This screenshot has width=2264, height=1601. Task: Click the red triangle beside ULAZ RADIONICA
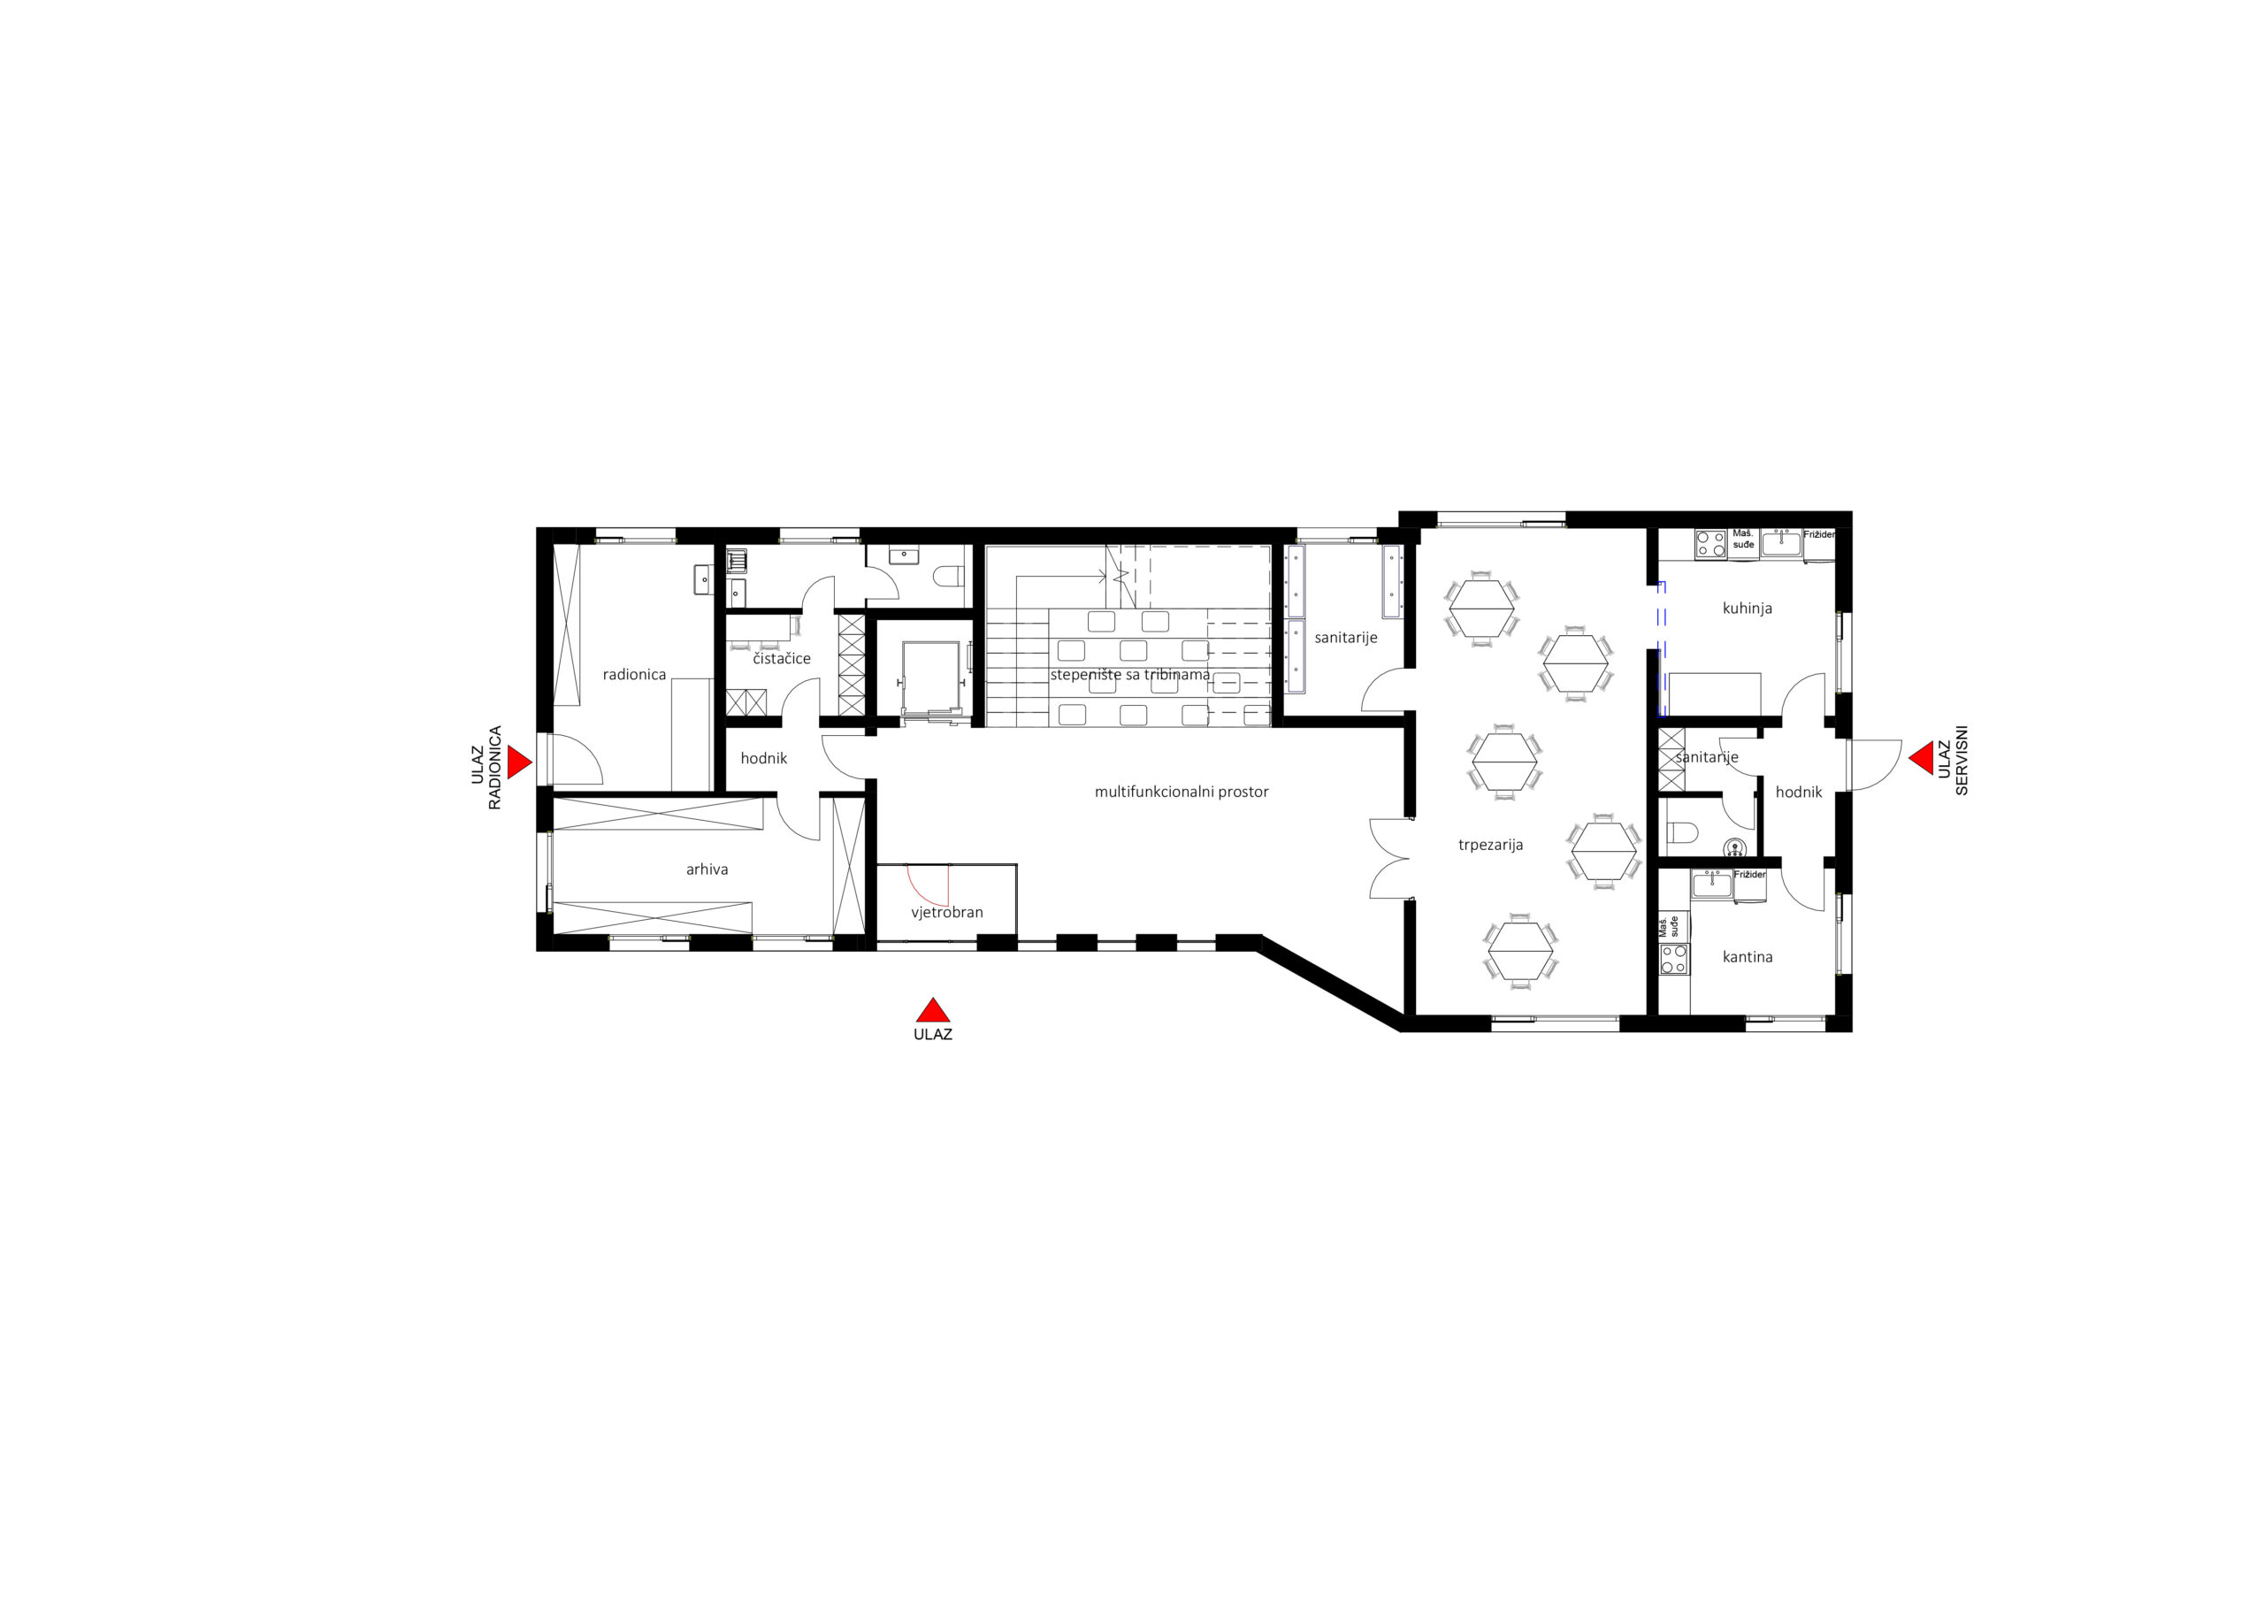click(517, 762)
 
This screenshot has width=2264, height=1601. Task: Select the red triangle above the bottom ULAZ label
click(933, 1010)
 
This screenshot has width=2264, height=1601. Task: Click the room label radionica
click(634, 675)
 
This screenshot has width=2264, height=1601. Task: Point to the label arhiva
click(707, 869)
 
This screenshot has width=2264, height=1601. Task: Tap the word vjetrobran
click(946, 913)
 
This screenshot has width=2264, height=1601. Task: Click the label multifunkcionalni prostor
click(1182, 791)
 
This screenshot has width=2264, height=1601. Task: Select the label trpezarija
click(1491, 845)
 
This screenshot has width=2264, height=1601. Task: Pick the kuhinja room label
click(1748, 609)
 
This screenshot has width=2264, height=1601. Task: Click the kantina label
click(1748, 957)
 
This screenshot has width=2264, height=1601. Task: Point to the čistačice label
click(782, 658)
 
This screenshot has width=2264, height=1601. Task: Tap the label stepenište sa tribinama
click(1130, 675)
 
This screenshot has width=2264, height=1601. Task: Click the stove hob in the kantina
click(1674, 959)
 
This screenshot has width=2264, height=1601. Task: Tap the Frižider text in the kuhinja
click(1819, 534)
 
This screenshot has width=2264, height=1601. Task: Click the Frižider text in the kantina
click(1749, 875)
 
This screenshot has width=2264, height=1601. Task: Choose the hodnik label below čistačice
click(764, 759)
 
